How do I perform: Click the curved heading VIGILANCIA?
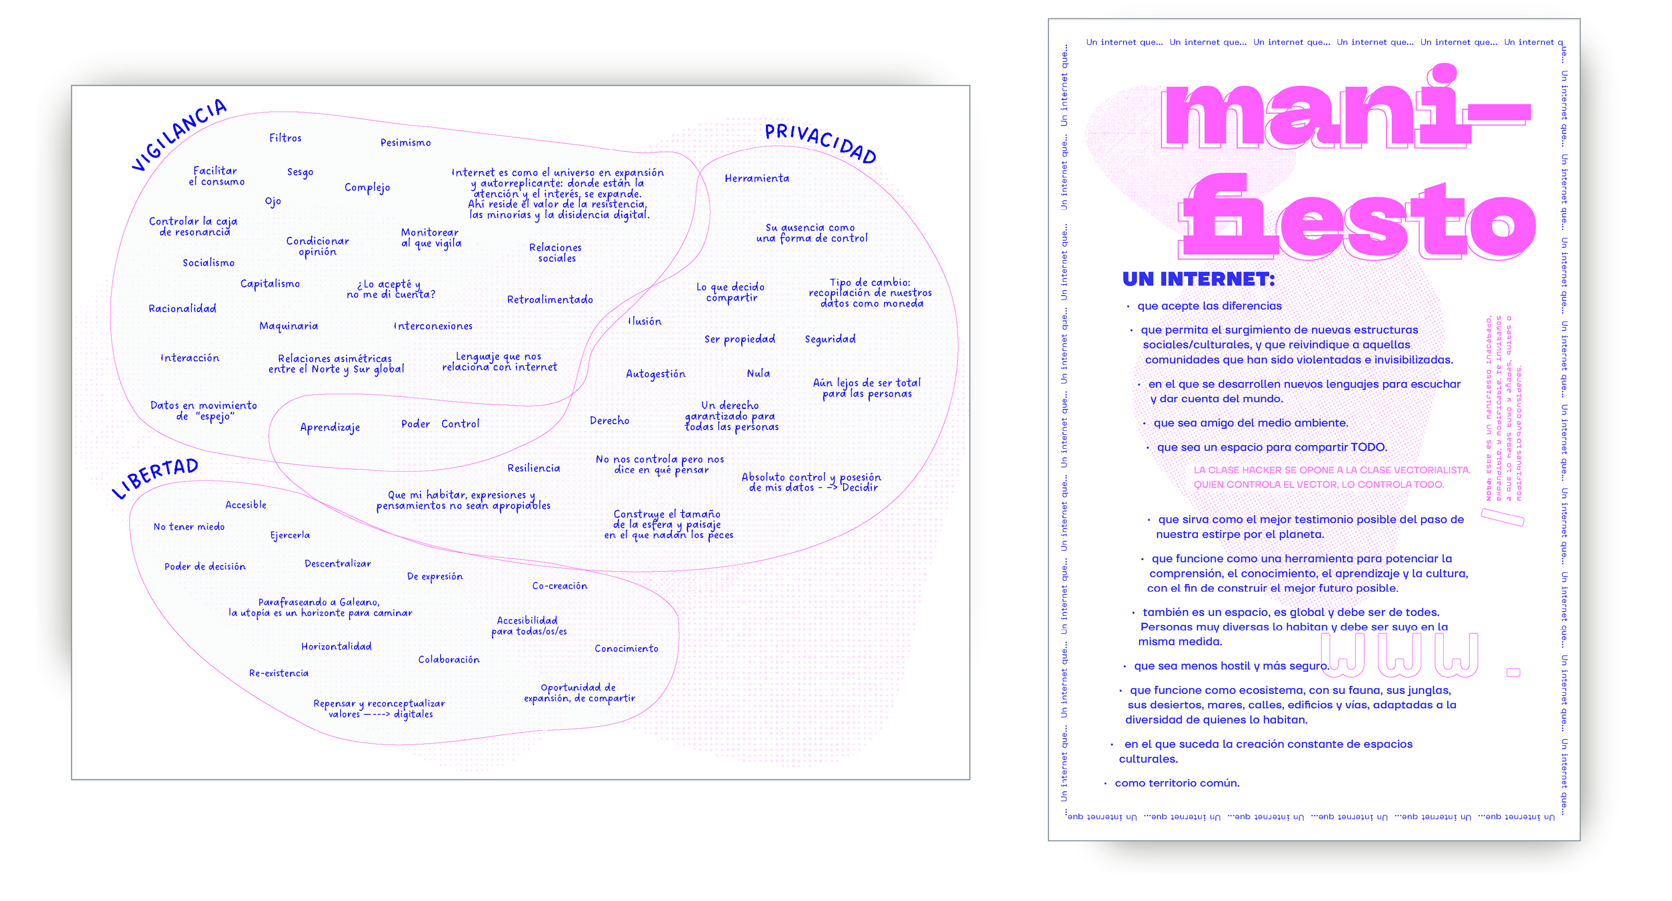click(x=179, y=135)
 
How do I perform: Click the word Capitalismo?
click(x=270, y=283)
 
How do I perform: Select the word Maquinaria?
click(x=288, y=326)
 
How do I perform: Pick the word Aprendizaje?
click(x=330, y=427)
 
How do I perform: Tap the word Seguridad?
click(x=830, y=339)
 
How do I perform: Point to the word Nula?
click(x=758, y=373)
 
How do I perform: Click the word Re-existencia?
click(x=279, y=673)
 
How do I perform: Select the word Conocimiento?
click(x=627, y=648)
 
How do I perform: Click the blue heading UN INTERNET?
click(x=1198, y=279)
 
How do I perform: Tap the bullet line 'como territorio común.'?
click(x=1177, y=783)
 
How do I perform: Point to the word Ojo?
click(x=273, y=201)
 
